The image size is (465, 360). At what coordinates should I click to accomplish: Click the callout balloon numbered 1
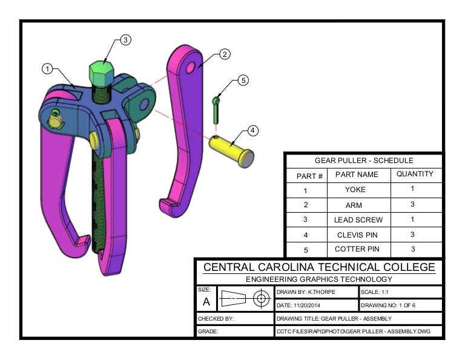(48, 69)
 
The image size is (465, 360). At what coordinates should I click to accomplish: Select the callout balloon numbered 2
(223, 55)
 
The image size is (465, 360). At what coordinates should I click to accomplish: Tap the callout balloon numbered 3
(125, 40)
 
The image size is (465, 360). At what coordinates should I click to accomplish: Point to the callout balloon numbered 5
(243, 80)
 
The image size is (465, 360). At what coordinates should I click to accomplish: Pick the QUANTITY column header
(415, 174)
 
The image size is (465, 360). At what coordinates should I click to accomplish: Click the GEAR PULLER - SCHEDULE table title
(364, 161)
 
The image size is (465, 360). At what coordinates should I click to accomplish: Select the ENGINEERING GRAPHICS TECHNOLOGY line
(318, 279)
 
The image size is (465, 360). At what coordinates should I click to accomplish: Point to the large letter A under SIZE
(206, 301)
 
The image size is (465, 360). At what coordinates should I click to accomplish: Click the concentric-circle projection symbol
(262, 299)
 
